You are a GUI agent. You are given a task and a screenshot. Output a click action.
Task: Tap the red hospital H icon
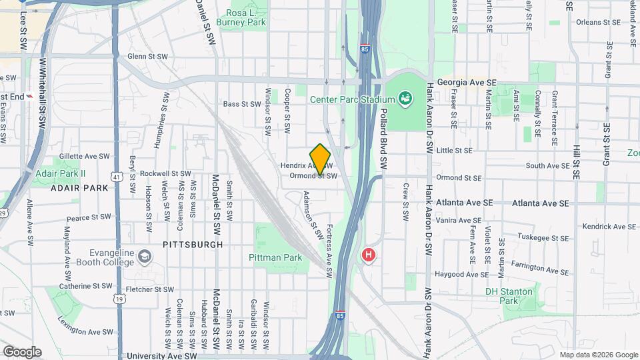coord(367,255)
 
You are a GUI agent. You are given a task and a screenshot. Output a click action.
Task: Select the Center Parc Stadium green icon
coord(405,100)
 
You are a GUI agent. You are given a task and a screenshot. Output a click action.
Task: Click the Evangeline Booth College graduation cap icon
coord(145,257)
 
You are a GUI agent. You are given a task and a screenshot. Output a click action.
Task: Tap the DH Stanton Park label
coord(509,296)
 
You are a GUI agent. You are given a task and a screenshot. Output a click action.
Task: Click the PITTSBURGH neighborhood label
coord(193,245)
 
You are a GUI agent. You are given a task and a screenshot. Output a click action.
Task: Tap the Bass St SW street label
coord(241,104)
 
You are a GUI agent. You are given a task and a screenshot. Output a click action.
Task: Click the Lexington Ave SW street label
coord(85,331)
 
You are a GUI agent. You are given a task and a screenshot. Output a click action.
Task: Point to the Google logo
coord(22,351)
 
